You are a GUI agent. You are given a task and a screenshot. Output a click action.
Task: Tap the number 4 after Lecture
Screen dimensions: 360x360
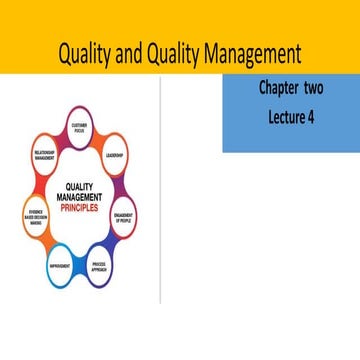coord(308,116)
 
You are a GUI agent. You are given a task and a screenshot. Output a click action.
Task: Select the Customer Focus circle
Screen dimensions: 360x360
coord(83,127)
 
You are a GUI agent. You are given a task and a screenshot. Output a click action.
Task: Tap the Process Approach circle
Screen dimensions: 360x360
coord(100,267)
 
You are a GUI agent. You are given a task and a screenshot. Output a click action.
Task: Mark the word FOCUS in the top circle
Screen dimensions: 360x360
coord(83,130)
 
